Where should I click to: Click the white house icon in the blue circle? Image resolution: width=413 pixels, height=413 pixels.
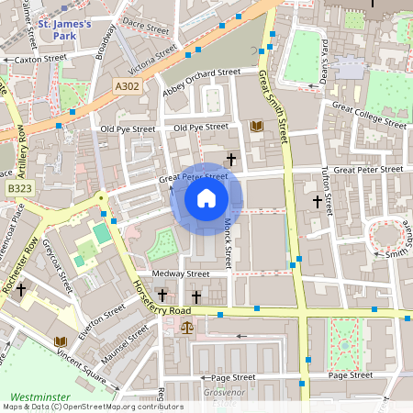tap(206, 198)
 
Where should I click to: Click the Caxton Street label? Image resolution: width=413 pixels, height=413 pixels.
tap(41, 59)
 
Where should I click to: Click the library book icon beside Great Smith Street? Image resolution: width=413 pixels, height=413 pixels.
tap(257, 126)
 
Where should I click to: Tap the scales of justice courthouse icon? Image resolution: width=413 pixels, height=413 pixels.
tap(188, 326)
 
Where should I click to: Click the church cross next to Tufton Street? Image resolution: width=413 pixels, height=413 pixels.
tap(318, 201)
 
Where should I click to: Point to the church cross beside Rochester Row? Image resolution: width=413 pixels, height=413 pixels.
tap(19, 287)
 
